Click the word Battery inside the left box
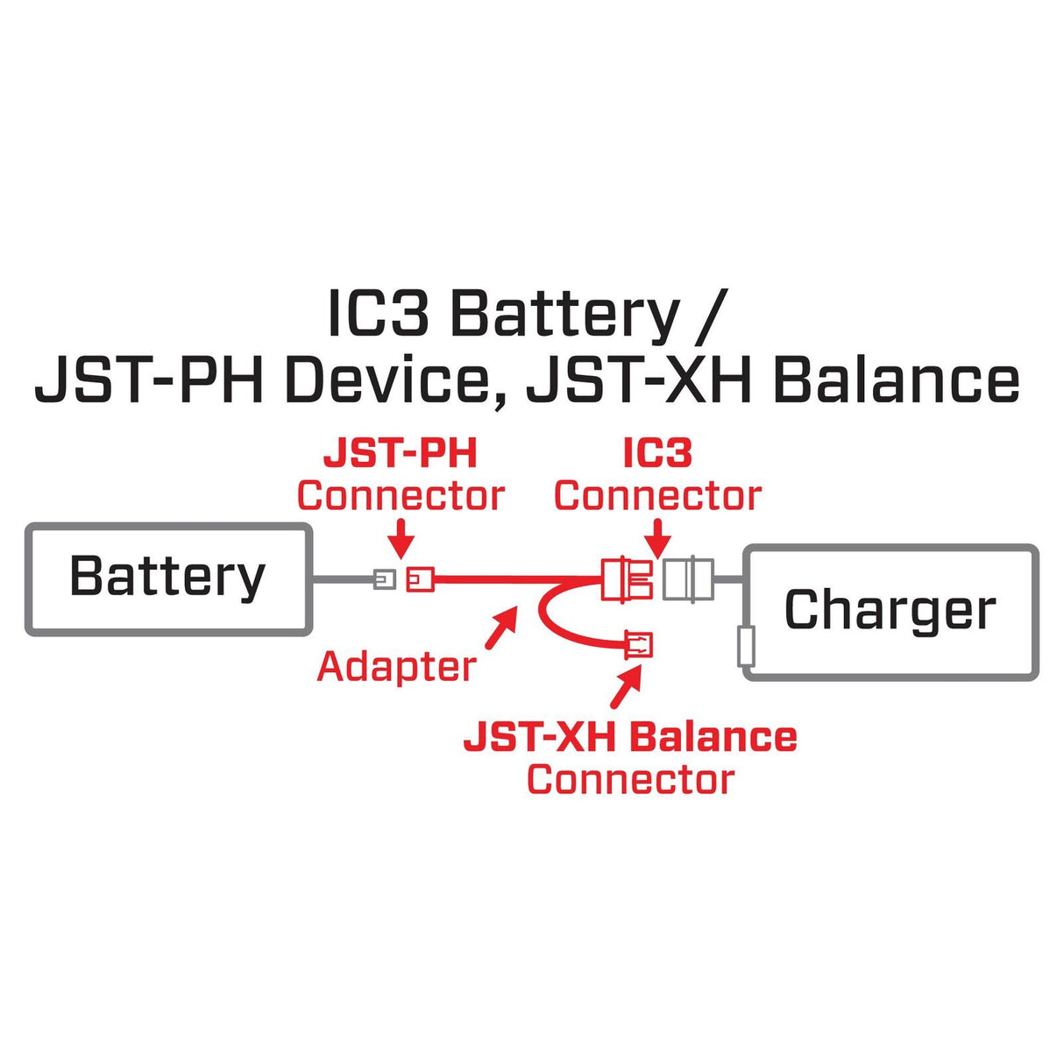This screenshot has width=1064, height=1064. point(167,578)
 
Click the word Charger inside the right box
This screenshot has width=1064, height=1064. point(890,611)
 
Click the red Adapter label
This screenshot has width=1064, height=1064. point(396,666)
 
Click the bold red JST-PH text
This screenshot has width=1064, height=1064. point(401,454)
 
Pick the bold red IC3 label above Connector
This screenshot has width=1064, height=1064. point(657,454)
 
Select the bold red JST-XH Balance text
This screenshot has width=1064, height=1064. point(630,737)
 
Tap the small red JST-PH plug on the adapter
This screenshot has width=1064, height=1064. point(420,578)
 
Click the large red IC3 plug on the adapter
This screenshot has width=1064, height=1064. point(628,578)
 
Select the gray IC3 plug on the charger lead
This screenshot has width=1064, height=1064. point(688,578)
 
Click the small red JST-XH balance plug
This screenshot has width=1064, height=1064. point(638,645)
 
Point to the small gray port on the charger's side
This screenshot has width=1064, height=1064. point(747,646)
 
